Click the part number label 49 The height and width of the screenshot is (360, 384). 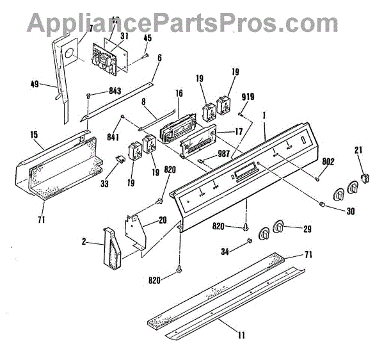click(35, 83)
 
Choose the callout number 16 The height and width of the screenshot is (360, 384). click(179, 94)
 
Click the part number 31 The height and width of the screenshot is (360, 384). click(124, 37)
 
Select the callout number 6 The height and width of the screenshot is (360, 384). click(159, 58)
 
